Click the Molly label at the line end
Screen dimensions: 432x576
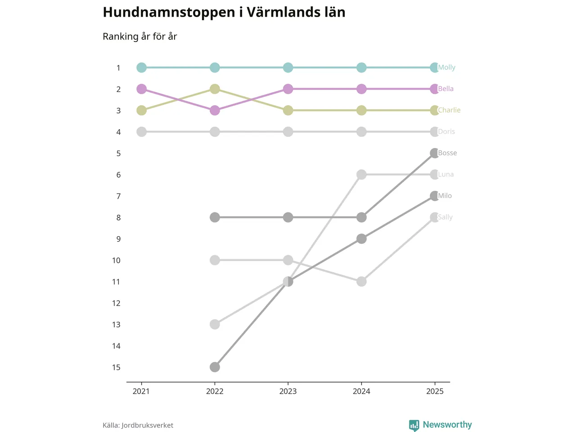click(x=446, y=67)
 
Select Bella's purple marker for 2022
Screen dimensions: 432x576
click(x=215, y=110)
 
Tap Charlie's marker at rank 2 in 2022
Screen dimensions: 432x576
click(x=215, y=89)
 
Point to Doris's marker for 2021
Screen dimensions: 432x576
click(x=142, y=132)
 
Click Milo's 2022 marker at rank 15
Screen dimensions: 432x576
click(x=215, y=367)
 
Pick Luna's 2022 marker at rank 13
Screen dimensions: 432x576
click(x=215, y=324)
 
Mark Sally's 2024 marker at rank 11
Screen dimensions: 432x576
click(x=361, y=282)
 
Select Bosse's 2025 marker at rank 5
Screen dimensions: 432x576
click(x=434, y=153)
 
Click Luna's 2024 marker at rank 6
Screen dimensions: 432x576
click(x=361, y=175)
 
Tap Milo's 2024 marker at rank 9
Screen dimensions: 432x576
click(x=361, y=238)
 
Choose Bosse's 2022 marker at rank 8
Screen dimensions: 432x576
click(x=215, y=217)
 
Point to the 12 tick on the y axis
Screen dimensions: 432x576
click(x=116, y=303)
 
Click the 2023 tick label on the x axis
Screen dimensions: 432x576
click(x=288, y=391)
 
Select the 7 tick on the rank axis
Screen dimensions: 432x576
click(x=118, y=196)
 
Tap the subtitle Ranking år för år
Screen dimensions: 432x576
click(x=139, y=36)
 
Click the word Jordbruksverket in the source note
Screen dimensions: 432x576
click(x=147, y=425)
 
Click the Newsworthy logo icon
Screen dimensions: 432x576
click(x=414, y=425)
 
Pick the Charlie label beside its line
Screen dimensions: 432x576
click(x=449, y=110)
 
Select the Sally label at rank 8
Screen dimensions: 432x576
click(x=445, y=217)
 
